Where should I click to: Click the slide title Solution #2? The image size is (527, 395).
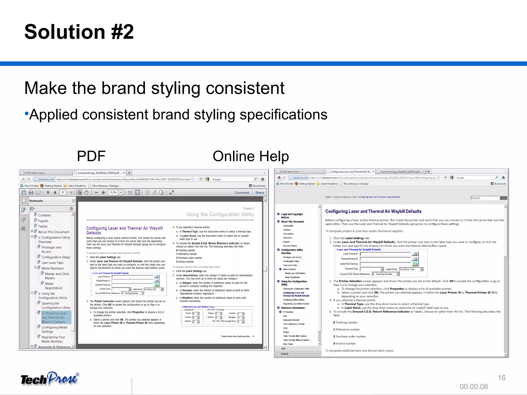pyautogui.click(x=79, y=32)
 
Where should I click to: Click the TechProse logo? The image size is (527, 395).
pyautogui.click(x=50, y=379)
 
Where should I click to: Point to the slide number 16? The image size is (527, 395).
pyautogui.click(x=502, y=378)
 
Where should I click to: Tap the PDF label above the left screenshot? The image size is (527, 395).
pyautogui.click(x=91, y=156)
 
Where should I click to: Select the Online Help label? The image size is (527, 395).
pyautogui.click(x=251, y=156)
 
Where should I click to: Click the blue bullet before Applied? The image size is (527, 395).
pyautogui.click(x=27, y=113)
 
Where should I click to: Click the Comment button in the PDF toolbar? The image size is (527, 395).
pyautogui.click(x=242, y=193)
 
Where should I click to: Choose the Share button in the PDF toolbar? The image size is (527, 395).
pyautogui.click(x=259, y=193)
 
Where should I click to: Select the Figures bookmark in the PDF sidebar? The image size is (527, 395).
pyautogui.click(x=43, y=221)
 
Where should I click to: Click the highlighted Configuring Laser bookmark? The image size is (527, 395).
pyautogui.click(x=54, y=317)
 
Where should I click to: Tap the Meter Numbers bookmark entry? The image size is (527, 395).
pyautogui.click(x=52, y=268)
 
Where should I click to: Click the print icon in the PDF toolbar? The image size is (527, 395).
pyautogui.click(x=31, y=192)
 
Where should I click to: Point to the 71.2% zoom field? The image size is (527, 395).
pyautogui.click(x=113, y=192)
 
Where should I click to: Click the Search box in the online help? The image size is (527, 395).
pyautogui.click(x=485, y=198)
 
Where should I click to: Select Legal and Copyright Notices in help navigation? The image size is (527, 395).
pyautogui.click(x=292, y=216)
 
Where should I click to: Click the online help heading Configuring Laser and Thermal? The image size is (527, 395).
pyautogui.click(x=373, y=211)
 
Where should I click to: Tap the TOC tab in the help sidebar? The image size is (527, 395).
pyautogui.click(x=283, y=349)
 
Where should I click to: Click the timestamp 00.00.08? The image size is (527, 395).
pyautogui.click(x=474, y=387)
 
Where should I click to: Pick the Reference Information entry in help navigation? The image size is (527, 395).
pyautogui.click(x=293, y=308)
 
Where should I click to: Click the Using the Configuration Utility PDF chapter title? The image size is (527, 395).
pyautogui.click(x=220, y=214)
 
